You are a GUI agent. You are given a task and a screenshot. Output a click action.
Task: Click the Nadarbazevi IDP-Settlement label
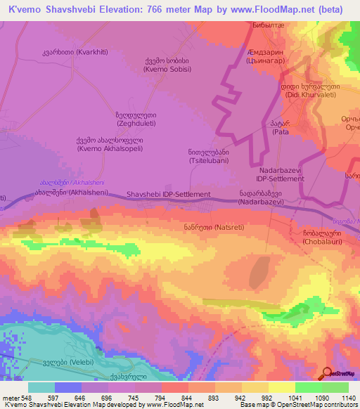[x=281, y=175]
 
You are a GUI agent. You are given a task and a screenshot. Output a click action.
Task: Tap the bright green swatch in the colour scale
[x=308, y=387]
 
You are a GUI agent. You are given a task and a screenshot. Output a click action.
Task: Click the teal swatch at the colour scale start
[x=41, y=387]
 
